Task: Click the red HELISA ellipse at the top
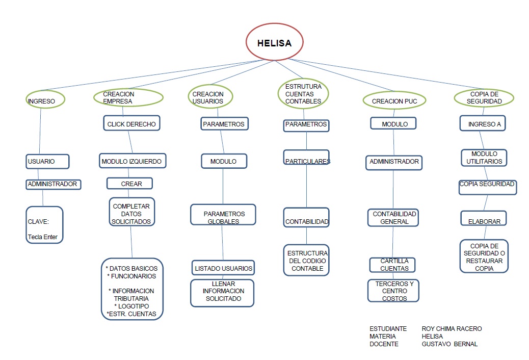click(x=274, y=43)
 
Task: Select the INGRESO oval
click(x=46, y=99)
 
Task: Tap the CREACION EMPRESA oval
click(x=128, y=97)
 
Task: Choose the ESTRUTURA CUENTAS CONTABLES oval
click(x=303, y=94)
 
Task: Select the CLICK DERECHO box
click(x=131, y=124)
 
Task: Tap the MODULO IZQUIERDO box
click(x=131, y=161)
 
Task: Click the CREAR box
click(x=129, y=183)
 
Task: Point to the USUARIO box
click(x=47, y=161)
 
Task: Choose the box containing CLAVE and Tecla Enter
click(x=44, y=225)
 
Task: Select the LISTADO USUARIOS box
click(x=223, y=268)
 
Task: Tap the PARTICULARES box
click(x=306, y=158)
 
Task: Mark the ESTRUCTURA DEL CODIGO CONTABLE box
click(x=306, y=260)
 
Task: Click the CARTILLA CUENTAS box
click(x=392, y=265)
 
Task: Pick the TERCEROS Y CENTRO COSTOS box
click(x=394, y=291)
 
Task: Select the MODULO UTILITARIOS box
click(x=484, y=158)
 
